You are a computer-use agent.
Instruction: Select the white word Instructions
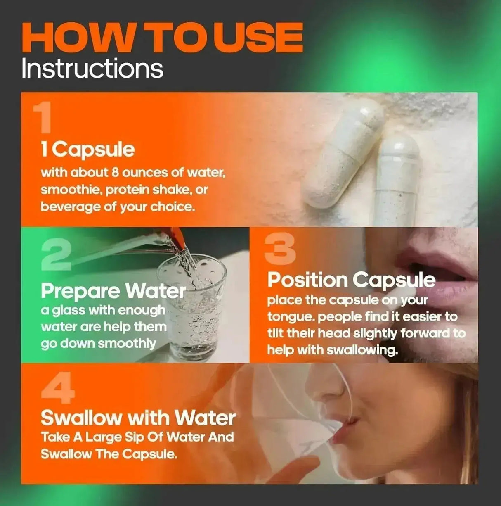point(92,69)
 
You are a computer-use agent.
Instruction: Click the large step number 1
point(43,118)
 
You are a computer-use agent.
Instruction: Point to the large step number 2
point(56,255)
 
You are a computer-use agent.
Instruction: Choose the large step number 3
point(280,248)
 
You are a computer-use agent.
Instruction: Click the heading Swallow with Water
point(138,418)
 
